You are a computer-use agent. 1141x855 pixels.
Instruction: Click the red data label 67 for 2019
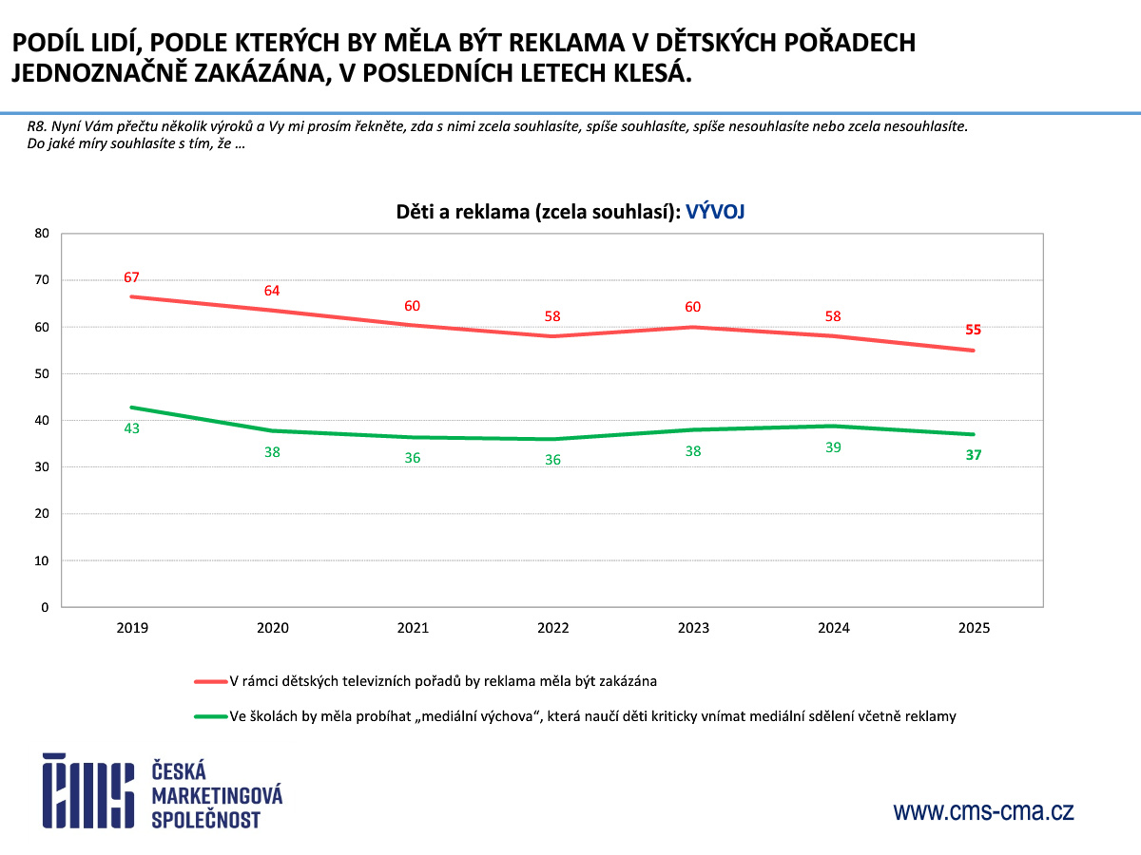tap(131, 277)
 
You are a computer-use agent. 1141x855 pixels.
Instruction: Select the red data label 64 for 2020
tap(272, 291)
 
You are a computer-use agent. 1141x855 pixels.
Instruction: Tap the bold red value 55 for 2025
tap(973, 330)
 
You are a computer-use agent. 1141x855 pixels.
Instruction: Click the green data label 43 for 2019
tap(131, 428)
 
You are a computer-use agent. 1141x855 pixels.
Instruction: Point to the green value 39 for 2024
tap(833, 446)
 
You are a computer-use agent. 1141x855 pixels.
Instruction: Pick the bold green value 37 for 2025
tap(973, 455)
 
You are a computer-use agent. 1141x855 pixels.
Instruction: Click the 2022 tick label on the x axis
tap(552, 628)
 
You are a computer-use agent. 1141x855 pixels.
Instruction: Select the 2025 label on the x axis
tap(974, 628)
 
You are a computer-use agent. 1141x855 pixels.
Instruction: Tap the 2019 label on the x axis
tap(132, 628)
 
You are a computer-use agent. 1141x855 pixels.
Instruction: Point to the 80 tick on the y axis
tap(41, 233)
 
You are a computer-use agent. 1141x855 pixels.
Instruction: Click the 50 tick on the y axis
tap(41, 373)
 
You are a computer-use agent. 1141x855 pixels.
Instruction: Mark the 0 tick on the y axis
tap(45, 607)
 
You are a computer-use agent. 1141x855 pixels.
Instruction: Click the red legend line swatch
tap(210, 681)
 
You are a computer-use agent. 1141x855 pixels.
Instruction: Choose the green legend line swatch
tap(210, 716)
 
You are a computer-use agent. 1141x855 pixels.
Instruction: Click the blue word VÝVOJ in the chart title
tap(715, 213)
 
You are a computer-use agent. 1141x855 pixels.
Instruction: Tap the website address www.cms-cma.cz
tap(983, 811)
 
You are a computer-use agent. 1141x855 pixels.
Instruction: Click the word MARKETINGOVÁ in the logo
tap(217, 794)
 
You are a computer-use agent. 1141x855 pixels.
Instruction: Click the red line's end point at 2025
tap(973, 351)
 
